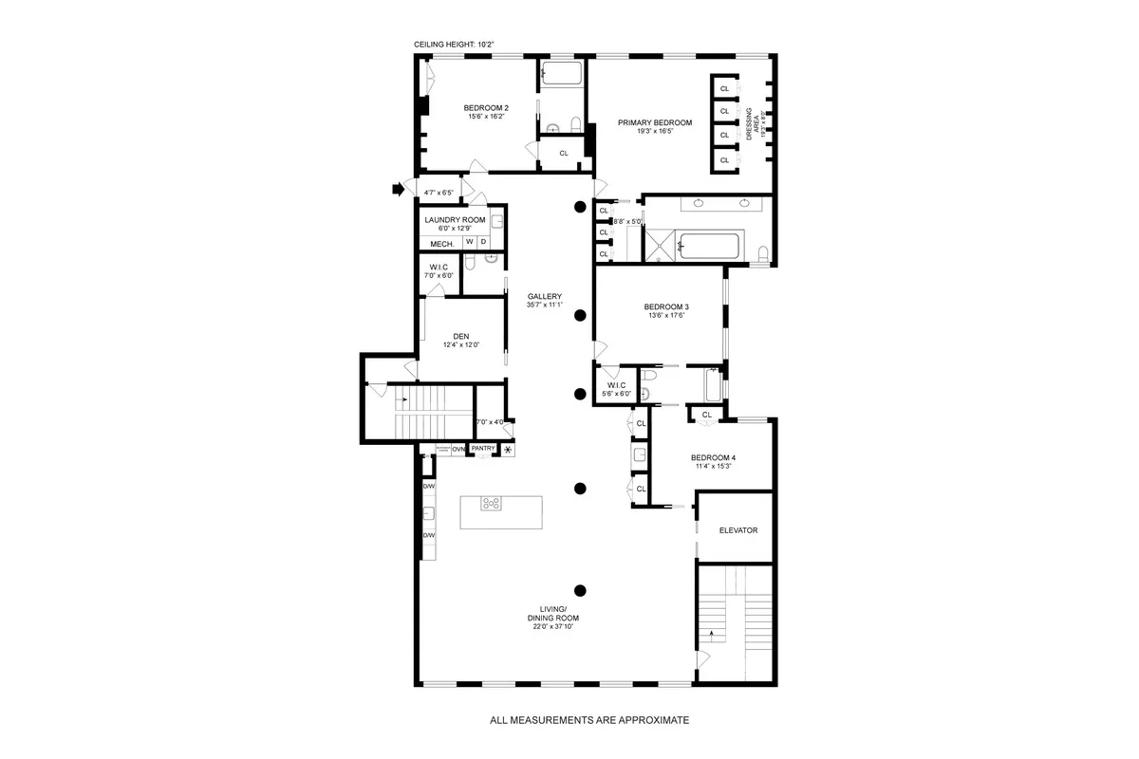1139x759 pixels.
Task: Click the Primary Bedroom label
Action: coord(654,122)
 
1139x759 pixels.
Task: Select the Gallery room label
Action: coord(546,295)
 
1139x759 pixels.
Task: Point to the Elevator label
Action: coord(738,530)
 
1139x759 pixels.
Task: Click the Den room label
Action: coord(461,336)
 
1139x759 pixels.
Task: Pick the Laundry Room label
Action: coord(455,220)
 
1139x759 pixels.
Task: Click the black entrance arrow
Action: coord(398,190)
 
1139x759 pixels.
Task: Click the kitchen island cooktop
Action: coord(492,504)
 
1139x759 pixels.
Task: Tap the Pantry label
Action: coord(483,449)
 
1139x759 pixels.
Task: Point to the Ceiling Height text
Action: coord(454,45)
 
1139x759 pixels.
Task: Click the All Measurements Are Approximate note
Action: coord(588,720)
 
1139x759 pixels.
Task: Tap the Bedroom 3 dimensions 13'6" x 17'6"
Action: coord(665,316)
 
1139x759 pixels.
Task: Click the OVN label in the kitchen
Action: coord(457,449)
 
